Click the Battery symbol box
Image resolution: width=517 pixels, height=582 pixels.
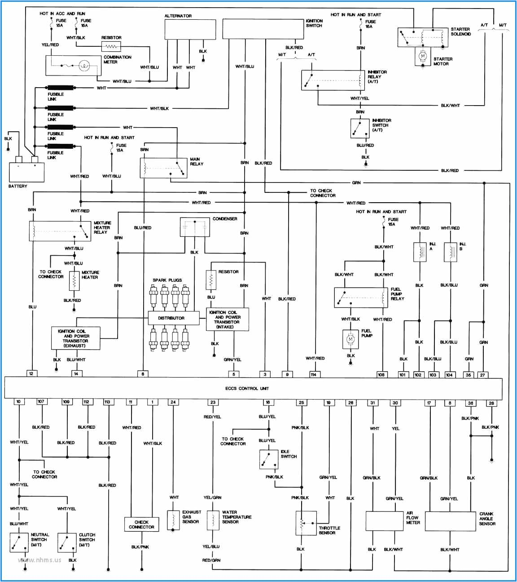coord(26,172)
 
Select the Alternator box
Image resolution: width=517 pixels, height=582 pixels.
coord(190,29)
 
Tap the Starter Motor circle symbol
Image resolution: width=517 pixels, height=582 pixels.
coord(422,56)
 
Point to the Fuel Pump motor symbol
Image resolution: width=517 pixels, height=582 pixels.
coord(351,340)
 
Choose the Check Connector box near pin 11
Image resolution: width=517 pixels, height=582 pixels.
coord(141,524)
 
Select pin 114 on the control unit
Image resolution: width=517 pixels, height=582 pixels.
coord(313,374)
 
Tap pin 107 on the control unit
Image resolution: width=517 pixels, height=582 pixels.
coord(41,402)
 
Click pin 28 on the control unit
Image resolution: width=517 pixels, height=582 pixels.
coord(491,403)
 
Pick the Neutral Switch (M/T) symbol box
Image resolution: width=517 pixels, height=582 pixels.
coord(19,542)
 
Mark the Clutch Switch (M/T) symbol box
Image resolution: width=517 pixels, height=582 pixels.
coord(67,542)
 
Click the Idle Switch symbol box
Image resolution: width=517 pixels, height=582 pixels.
coord(269,459)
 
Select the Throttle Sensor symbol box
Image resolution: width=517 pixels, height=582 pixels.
coord(306,523)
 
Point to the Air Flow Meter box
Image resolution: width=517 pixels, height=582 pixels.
coord(385,521)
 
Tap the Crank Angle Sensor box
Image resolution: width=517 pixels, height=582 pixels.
coord(450,521)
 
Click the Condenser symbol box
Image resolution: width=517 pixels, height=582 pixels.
coord(195,227)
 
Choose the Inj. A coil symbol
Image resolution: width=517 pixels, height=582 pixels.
coord(420,252)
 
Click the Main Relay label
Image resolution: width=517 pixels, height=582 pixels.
coord(197,161)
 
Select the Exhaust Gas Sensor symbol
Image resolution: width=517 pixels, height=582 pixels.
coord(173,520)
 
